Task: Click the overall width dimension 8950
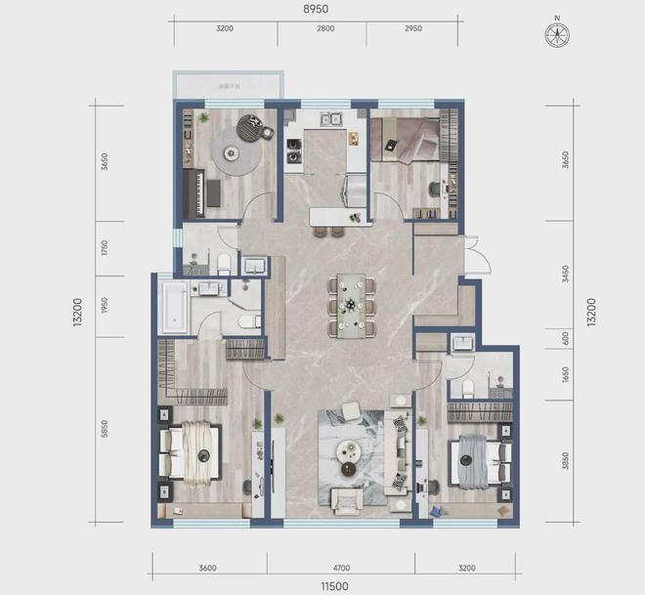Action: [x=315, y=9]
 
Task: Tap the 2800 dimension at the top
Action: [x=325, y=29]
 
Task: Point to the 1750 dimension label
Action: [x=105, y=248]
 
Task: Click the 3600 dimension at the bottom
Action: [x=206, y=566]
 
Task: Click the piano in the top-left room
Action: [x=199, y=194]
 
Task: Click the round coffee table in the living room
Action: [x=350, y=450]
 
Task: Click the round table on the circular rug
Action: [x=234, y=153]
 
